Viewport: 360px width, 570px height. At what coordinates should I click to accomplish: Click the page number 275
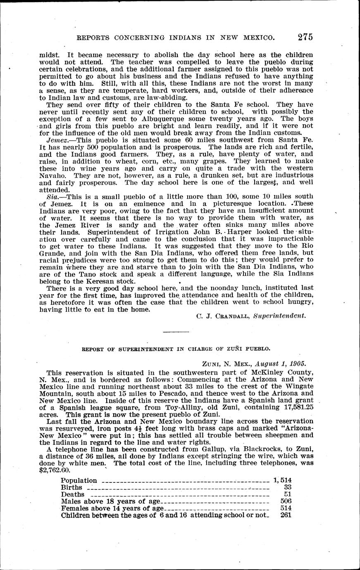[305, 37]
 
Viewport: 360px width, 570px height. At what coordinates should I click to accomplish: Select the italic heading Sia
[52, 195]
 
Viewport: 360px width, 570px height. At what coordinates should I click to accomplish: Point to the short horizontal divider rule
[176, 331]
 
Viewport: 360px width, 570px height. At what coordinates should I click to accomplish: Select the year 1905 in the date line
[296, 364]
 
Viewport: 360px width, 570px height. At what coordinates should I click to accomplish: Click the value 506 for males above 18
[286, 501]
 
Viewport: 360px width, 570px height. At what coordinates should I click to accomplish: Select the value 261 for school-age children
[286, 515]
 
